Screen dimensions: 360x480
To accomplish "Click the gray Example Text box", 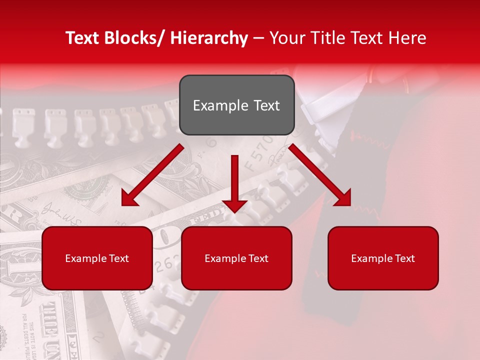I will click(x=236, y=105).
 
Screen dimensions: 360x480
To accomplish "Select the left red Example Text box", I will click(x=97, y=258).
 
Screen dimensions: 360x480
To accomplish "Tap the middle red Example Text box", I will click(x=236, y=258).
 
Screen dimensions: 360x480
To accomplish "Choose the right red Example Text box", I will click(x=383, y=258).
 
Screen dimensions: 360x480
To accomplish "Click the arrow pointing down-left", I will click(x=152, y=175).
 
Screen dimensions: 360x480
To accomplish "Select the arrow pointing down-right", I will click(x=320, y=175).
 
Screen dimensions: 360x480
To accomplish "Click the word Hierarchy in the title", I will click(x=209, y=38).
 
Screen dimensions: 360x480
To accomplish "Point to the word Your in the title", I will click(x=287, y=38).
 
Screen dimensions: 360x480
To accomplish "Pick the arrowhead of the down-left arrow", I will click(x=129, y=199).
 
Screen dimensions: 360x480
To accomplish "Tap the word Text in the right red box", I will click(x=404, y=258).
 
